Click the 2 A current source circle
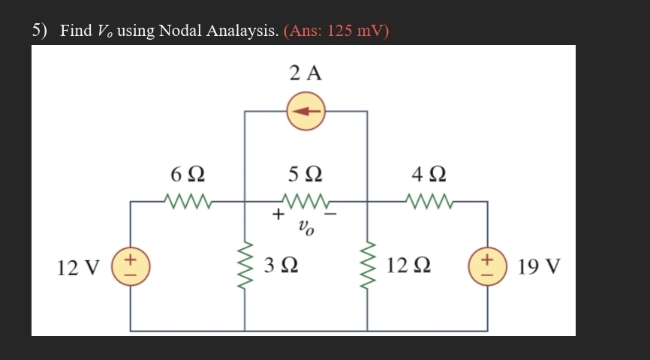[305, 112]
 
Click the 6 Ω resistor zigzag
[187, 201]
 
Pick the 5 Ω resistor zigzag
[305, 201]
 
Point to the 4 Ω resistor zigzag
[428, 201]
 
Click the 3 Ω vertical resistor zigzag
[245, 265]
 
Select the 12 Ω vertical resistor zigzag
[367, 265]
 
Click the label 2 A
[305, 73]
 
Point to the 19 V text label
[539, 267]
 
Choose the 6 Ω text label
[188, 175]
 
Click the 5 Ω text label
[305, 175]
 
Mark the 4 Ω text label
[429, 175]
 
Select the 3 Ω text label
[283, 266]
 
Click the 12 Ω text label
[411, 266]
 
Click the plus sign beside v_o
[278, 215]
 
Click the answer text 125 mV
[356, 31]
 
